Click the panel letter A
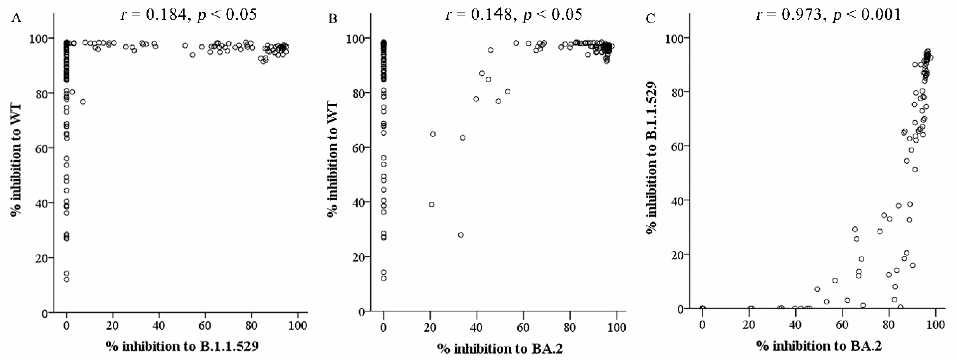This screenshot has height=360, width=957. pos(16,18)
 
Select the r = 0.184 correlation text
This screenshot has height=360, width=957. pos(189,14)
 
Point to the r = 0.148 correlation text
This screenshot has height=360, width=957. pos(514,14)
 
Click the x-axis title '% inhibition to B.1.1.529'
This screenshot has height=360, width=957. pos(182,346)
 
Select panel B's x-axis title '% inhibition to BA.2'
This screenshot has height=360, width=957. pos(500,348)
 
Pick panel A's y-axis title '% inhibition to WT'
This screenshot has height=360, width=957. pos(16,160)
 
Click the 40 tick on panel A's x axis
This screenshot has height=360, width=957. pos(159,326)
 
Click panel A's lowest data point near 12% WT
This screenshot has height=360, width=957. pos(67,279)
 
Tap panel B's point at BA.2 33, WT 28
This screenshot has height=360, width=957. pos(461,235)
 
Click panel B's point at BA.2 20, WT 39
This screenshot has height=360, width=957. pos(431,204)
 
